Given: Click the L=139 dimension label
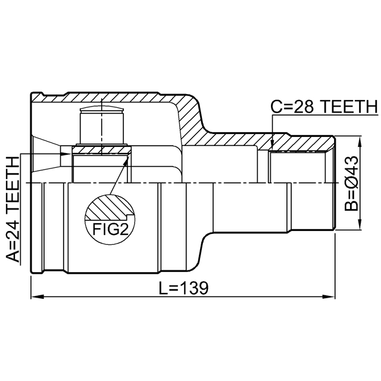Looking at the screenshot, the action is coord(184,288).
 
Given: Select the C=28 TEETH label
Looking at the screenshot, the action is coord(324,107).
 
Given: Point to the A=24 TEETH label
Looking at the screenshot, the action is coord(13,210).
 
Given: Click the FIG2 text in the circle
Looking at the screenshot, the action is coord(111,229).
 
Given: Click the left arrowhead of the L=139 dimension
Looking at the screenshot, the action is coord(37,296).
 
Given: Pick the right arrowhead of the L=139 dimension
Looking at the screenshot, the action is coord(329,296).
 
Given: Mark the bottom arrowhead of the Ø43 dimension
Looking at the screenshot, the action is coord(360,224).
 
